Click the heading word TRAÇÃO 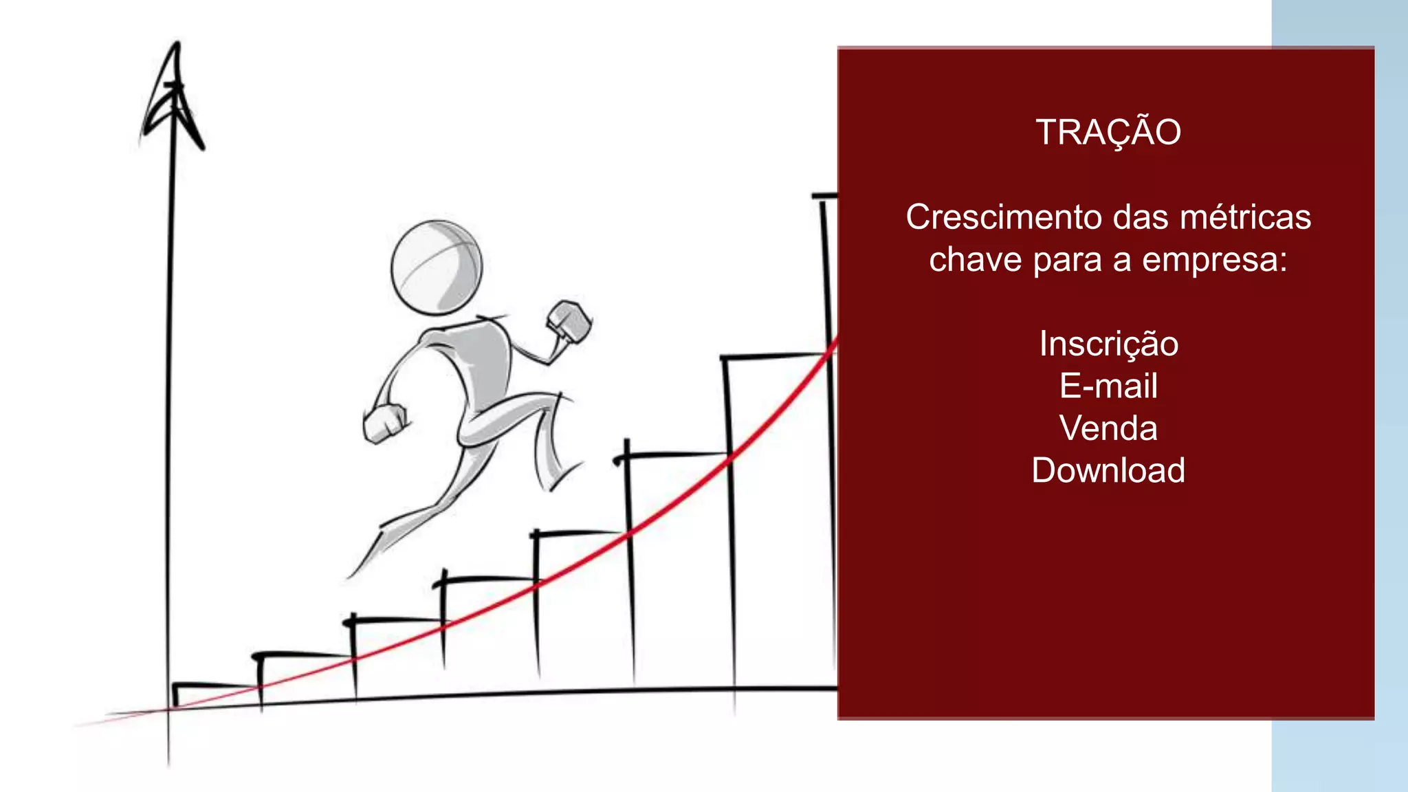click(1108, 132)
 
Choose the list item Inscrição click(1108, 344)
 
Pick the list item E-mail click(1108, 386)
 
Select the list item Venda click(1108, 428)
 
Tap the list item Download click(1108, 471)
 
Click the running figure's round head click(437, 267)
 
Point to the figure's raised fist click(569, 320)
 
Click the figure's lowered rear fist click(384, 423)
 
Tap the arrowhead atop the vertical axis click(175, 96)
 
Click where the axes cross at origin click(169, 709)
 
